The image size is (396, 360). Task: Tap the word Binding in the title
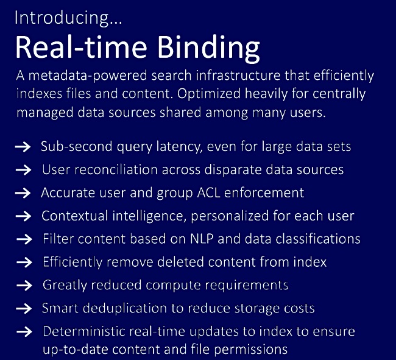tap(208, 49)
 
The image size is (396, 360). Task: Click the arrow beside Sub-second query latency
tap(23, 147)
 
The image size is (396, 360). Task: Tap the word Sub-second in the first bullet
tap(77, 146)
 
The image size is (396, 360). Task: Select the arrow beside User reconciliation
tap(23, 170)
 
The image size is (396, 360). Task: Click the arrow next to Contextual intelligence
tap(23, 216)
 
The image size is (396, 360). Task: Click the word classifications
tap(318, 239)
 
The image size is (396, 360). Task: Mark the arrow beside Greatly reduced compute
tap(24, 286)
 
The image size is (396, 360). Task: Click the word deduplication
tap(124, 309)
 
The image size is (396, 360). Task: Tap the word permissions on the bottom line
tap(250, 350)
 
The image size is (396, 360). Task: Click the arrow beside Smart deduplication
tap(24, 309)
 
